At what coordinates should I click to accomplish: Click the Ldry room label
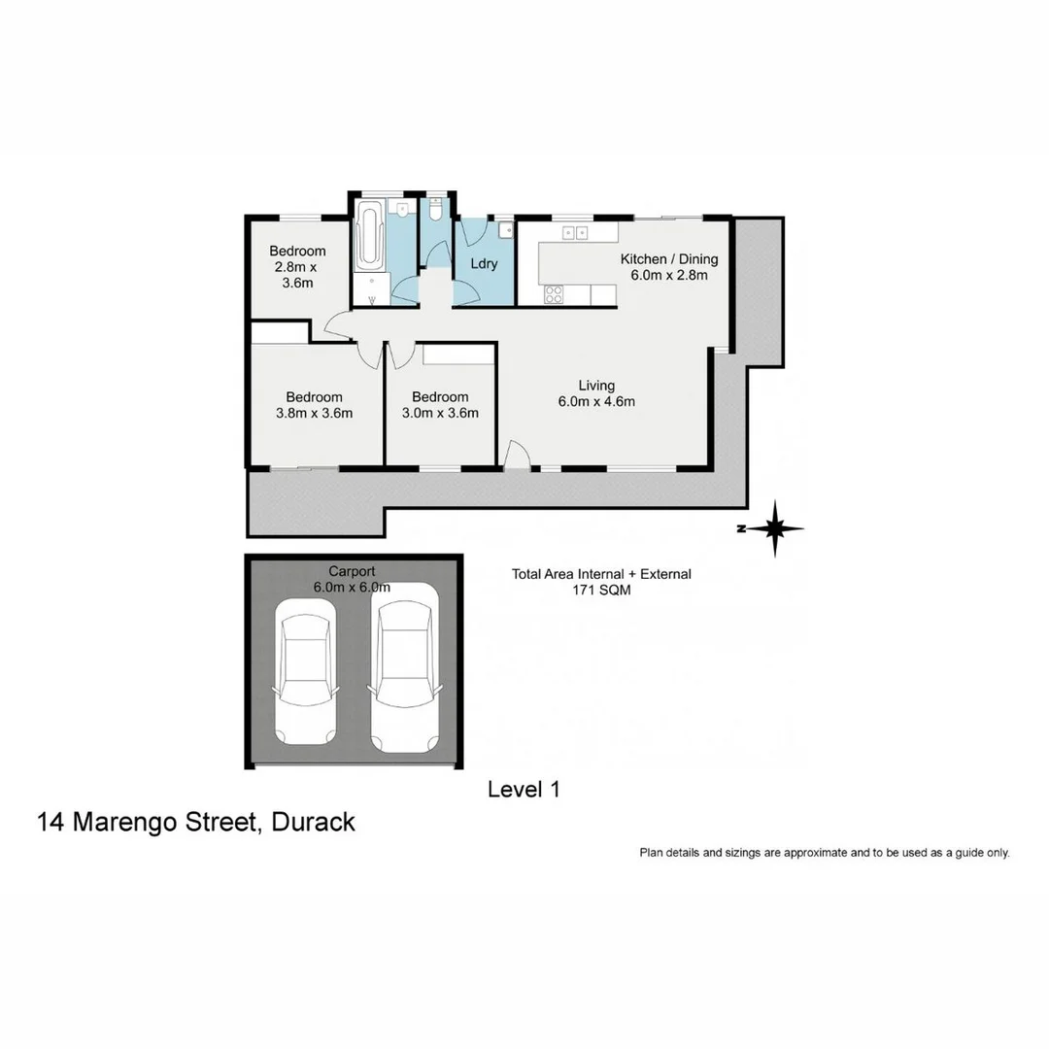point(484,264)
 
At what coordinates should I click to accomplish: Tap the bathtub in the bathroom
point(371,236)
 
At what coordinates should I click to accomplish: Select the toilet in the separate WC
point(436,210)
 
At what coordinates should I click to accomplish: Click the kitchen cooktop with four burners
point(555,293)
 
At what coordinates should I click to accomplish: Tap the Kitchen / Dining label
point(669,259)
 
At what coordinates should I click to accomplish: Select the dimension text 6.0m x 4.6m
point(596,401)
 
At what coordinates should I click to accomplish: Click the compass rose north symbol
point(774,529)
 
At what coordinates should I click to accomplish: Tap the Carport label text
point(351,571)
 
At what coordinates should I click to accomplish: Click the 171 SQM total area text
point(601,589)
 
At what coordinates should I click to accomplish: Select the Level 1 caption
point(524,790)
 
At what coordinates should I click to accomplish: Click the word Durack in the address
point(314,822)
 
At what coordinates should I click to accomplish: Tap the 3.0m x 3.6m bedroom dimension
point(440,412)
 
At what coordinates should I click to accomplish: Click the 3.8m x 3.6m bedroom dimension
point(314,412)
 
